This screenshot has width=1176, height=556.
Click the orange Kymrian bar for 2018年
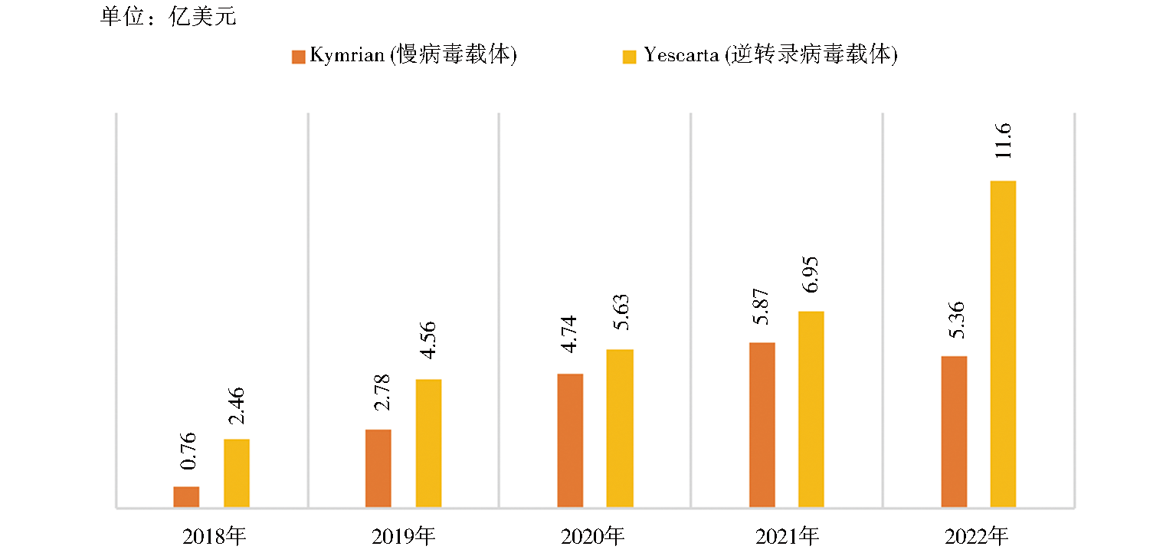click(186, 496)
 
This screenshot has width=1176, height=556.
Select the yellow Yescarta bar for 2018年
click(237, 473)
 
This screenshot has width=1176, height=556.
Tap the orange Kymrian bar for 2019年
click(378, 468)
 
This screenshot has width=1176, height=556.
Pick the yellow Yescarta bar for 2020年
click(620, 428)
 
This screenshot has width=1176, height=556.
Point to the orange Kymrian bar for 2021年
click(762, 424)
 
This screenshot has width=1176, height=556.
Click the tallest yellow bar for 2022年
click(1003, 344)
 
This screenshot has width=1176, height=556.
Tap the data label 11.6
click(1004, 140)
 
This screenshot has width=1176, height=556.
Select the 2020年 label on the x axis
click(595, 535)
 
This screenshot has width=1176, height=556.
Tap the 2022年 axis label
click(978, 535)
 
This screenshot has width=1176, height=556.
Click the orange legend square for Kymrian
click(298, 57)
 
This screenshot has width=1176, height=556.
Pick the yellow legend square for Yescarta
click(629, 57)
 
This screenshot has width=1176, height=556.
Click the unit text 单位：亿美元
click(168, 17)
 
